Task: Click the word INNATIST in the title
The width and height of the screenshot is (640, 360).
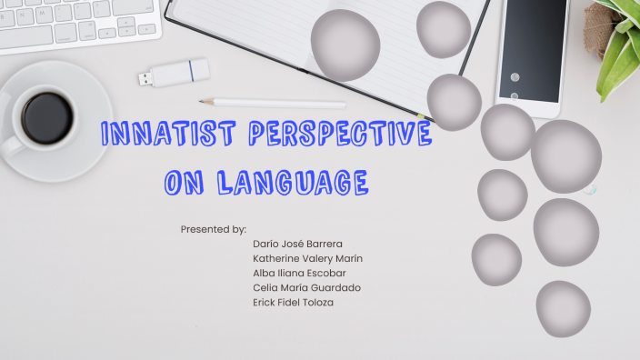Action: tap(155, 135)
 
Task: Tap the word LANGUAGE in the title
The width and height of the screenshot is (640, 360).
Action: tap(293, 183)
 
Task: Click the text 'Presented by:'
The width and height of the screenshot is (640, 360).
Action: tap(214, 229)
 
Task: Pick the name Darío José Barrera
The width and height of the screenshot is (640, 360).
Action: tap(297, 244)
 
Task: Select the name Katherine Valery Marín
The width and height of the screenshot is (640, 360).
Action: tap(307, 258)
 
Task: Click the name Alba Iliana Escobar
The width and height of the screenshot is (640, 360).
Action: tap(299, 273)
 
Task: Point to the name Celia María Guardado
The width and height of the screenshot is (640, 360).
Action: tap(306, 287)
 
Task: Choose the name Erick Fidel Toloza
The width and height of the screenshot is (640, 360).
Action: tap(293, 302)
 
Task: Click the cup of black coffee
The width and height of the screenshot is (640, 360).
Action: tap(47, 118)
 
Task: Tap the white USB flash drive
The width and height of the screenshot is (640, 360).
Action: tap(179, 72)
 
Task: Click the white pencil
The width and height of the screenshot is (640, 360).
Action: tap(273, 104)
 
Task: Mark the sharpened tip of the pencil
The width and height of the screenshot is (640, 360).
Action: tap(203, 102)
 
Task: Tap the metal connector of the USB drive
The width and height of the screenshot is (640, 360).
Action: tap(145, 78)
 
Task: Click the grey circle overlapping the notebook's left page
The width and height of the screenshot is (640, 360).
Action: tap(345, 45)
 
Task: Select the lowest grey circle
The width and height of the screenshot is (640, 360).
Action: tap(563, 308)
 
